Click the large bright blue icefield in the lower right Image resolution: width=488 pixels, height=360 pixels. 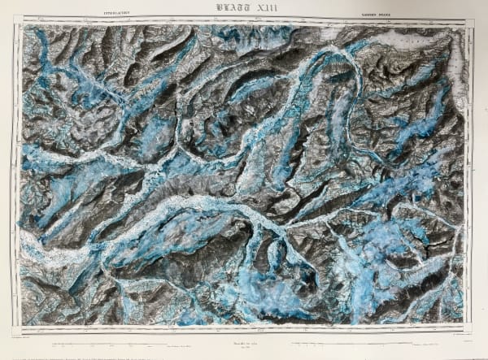[390, 244]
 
